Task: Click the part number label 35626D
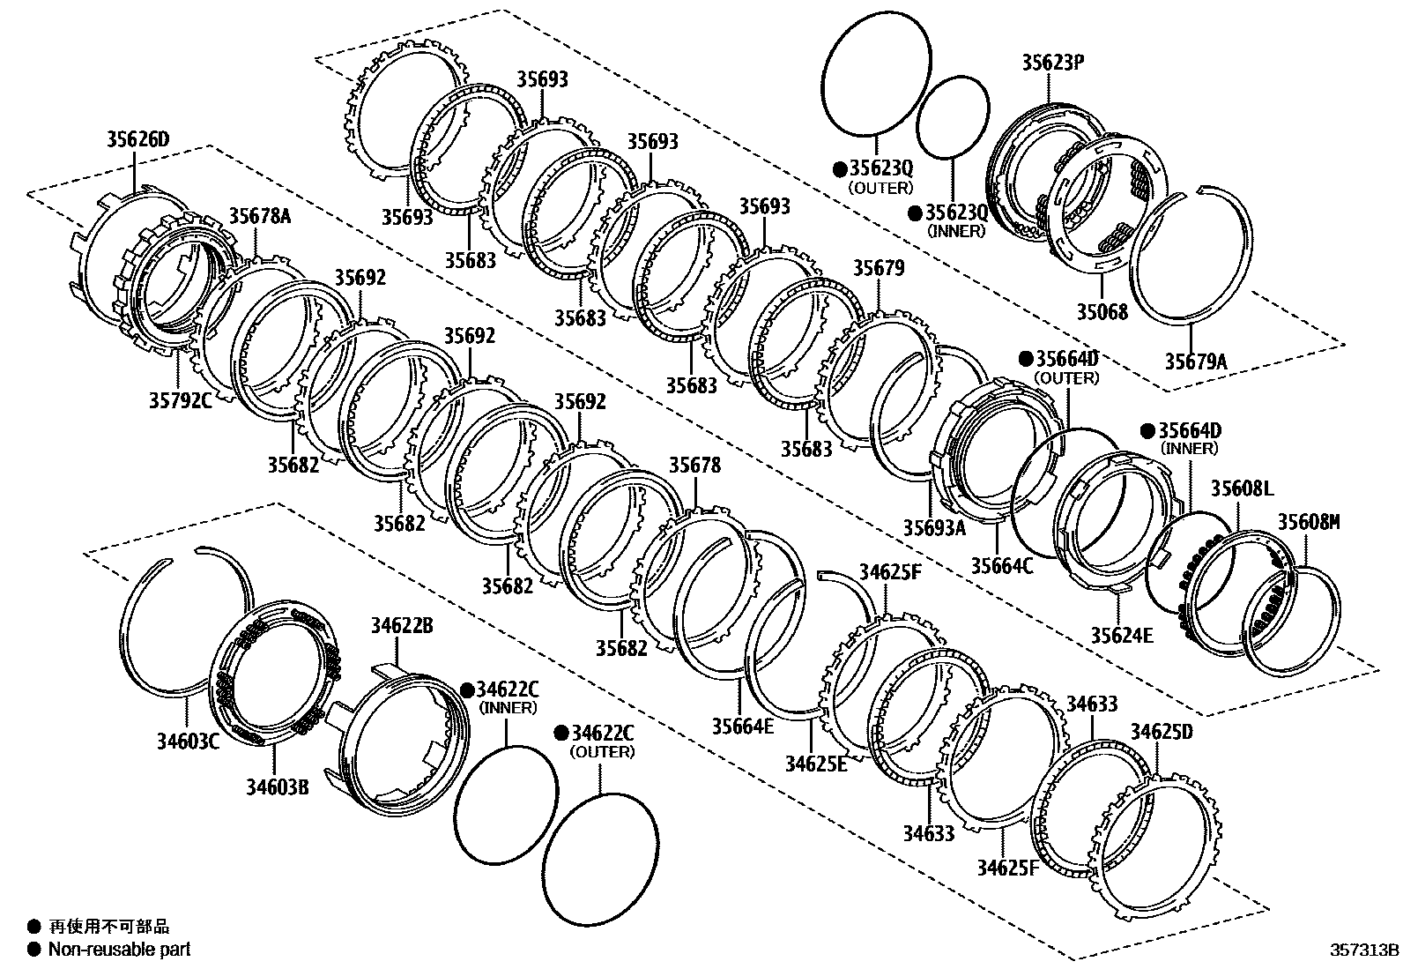coord(137,138)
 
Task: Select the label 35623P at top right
coord(1053,63)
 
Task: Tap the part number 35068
coord(1102,311)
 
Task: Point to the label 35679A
coord(1196,361)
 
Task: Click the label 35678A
coord(260,216)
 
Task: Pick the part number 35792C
coord(180,402)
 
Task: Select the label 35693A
coord(934,527)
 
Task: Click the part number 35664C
coord(1002,564)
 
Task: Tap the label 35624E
coord(1122,635)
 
